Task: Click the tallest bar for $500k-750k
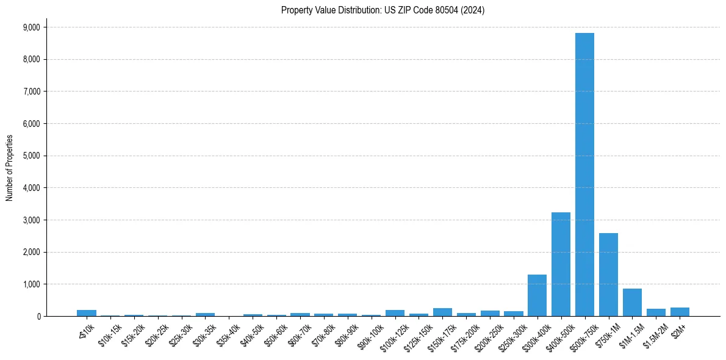click(x=584, y=175)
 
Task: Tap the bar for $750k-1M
click(x=608, y=275)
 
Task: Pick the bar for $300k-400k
click(x=537, y=295)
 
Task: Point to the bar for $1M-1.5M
click(x=632, y=303)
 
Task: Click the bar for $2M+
click(x=680, y=312)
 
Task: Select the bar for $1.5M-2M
click(x=656, y=312)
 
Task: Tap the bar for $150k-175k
click(x=442, y=312)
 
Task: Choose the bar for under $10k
click(x=87, y=313)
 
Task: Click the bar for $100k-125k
click(x=395, y=313)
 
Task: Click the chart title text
click(x=383, y=10)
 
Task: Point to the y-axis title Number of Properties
click(x=10, y=168)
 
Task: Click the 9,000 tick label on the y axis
click(x=31, y=27)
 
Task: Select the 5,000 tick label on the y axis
click(x=31, y=156)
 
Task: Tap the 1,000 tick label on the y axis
click(x=31, y=284)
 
